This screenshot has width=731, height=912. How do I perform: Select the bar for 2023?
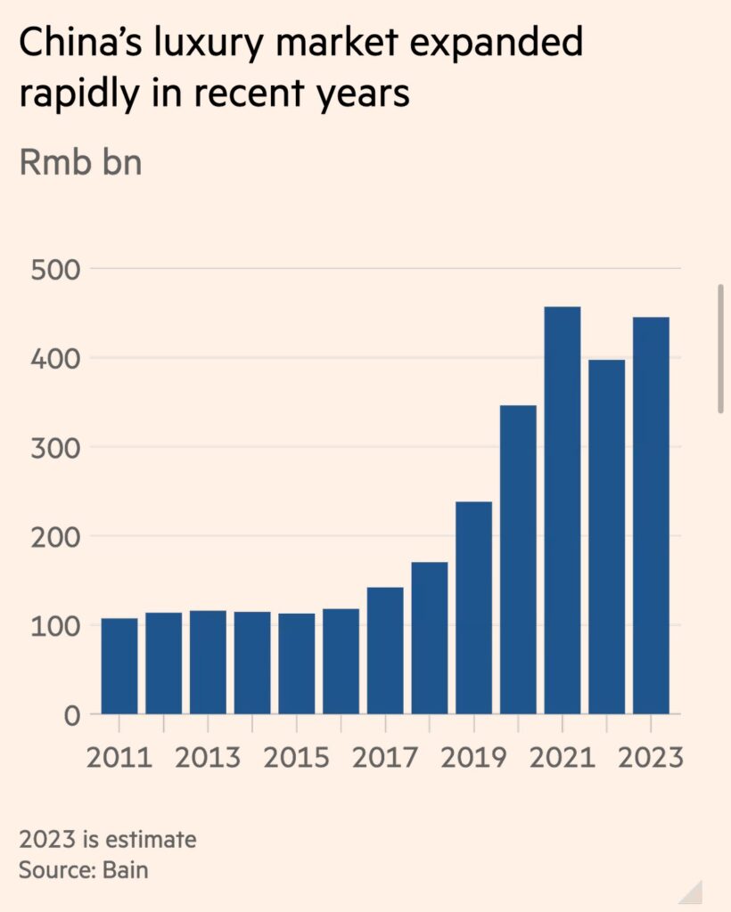click(x=651, y=516)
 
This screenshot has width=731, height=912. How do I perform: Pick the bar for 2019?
click(x=473, y=607)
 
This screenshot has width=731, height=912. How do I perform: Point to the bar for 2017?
click(x=385, y=650)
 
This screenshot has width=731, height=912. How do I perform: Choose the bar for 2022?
click(x=607, y=537)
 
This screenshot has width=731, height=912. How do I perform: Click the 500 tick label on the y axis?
click(x=55, y=269)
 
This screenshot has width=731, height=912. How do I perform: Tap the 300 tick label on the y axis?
click(x=55, y=447)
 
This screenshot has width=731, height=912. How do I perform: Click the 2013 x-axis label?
click(x=208, y=758)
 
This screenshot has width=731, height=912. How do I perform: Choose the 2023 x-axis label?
click(x=650, y=758)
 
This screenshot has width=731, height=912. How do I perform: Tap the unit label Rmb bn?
click(x=80, y=164)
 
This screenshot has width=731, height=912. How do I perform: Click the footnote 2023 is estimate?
click(x=107, y=840)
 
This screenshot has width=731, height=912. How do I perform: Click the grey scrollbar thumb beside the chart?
click(x=720, y=349)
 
